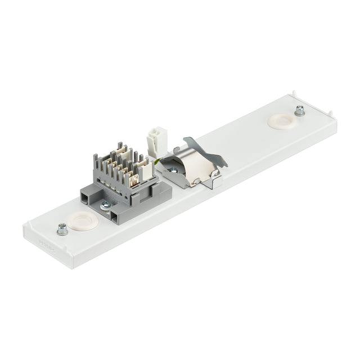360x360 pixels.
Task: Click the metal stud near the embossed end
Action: tap(62, 229)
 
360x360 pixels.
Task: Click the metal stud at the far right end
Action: tap(299, 111)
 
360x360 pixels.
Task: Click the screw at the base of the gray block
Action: tap(105, 206)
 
